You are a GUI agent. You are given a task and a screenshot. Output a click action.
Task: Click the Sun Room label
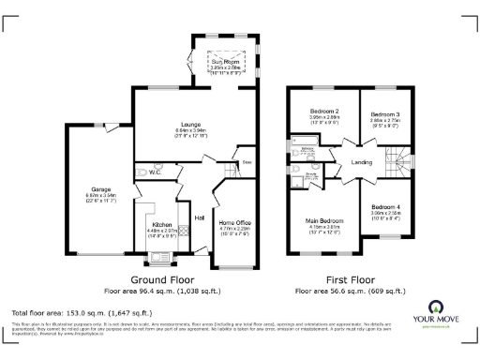tap(222, 62)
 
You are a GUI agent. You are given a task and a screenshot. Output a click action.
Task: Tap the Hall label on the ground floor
tap(200, 218)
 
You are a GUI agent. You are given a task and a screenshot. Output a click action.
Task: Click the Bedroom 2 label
tap(323, 112)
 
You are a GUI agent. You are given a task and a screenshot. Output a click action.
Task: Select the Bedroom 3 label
tap(384, 112)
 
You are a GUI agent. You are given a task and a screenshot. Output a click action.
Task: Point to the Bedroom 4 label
tap(385, 206)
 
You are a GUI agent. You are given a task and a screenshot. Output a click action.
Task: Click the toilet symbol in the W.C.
tap(139, 172)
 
